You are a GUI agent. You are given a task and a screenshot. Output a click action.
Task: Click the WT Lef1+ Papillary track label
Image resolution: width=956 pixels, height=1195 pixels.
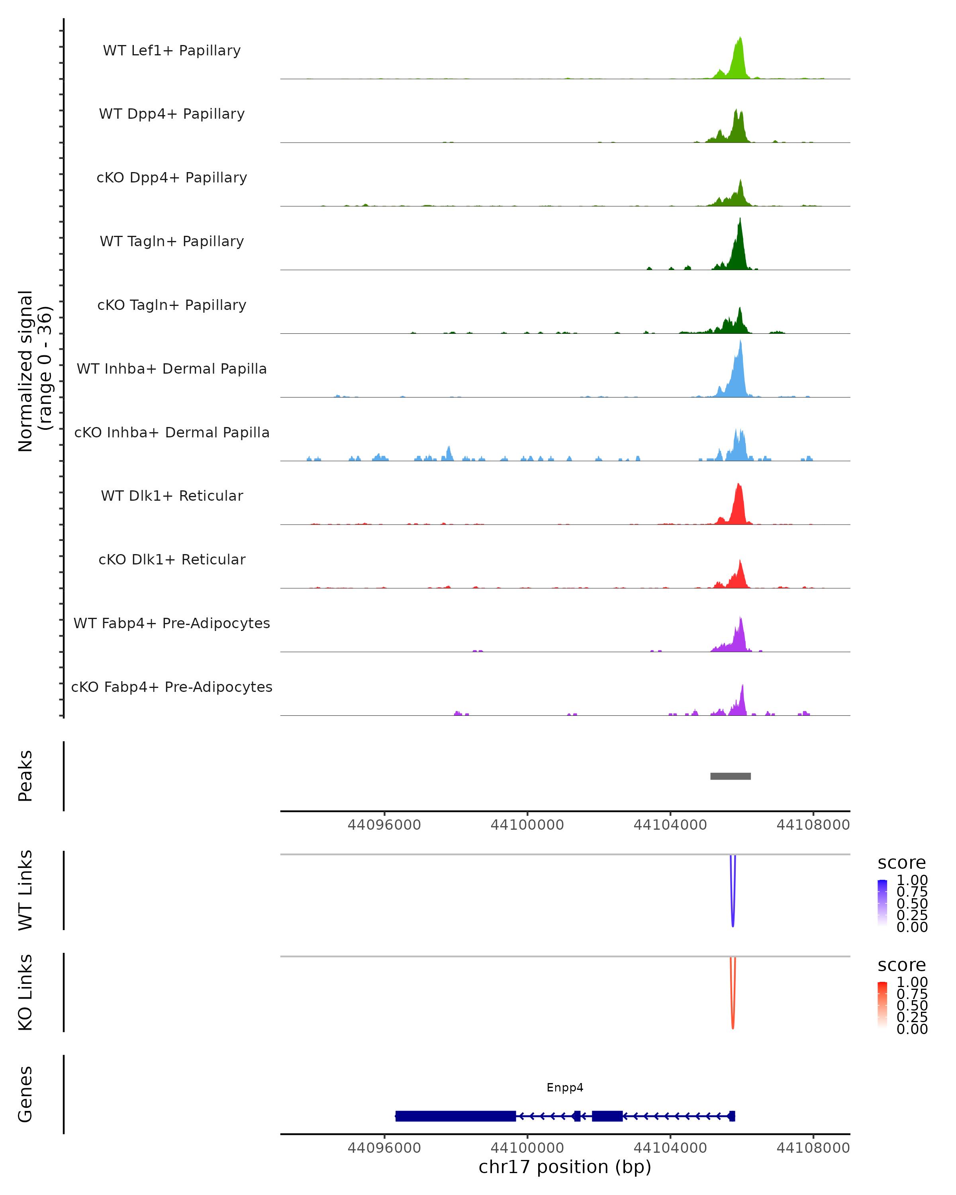172,51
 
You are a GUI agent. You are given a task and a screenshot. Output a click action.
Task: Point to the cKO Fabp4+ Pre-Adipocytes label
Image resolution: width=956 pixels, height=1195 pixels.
172,687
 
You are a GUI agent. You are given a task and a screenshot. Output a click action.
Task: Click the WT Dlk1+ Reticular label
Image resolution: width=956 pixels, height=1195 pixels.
172,496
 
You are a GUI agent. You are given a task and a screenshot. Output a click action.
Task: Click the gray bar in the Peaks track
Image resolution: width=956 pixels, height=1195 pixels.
731,776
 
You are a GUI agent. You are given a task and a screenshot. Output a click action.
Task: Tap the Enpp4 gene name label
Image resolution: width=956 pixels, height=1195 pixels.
565,1087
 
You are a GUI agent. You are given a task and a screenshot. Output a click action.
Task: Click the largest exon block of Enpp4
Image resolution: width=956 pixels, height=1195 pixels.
456,1116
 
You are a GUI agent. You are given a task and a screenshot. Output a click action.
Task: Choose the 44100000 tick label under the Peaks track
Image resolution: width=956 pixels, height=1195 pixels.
527,825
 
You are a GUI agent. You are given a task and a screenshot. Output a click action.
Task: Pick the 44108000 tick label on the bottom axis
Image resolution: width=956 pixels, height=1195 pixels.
813,1148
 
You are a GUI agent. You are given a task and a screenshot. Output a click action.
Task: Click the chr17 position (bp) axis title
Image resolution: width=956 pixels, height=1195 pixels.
565,1167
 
